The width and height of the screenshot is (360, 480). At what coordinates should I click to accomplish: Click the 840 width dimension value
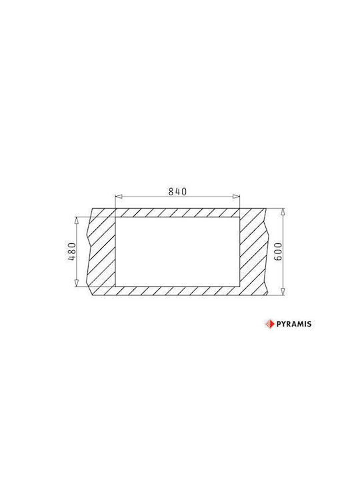[x=177, y=191]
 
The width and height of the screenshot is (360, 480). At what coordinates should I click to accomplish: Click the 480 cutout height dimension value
[x=71, y=251]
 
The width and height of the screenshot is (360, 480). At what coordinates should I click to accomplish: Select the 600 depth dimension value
[x=278, y=251]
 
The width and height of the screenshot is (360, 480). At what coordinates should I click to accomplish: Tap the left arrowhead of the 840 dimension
[x=119, y=197]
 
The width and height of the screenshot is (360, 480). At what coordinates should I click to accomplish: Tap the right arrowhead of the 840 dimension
[x=236, y=197]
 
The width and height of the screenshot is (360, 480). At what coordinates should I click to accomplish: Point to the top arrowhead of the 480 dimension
[x=77, y=221]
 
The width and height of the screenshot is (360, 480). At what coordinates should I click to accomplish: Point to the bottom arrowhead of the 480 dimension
[x=77, y=283]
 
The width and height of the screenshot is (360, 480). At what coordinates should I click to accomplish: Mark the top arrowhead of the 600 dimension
[x=283, y=212]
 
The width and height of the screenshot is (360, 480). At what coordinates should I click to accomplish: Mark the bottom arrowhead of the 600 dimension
[x=283, y=292]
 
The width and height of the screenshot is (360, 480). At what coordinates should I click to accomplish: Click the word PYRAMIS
[x=294, y=324]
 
